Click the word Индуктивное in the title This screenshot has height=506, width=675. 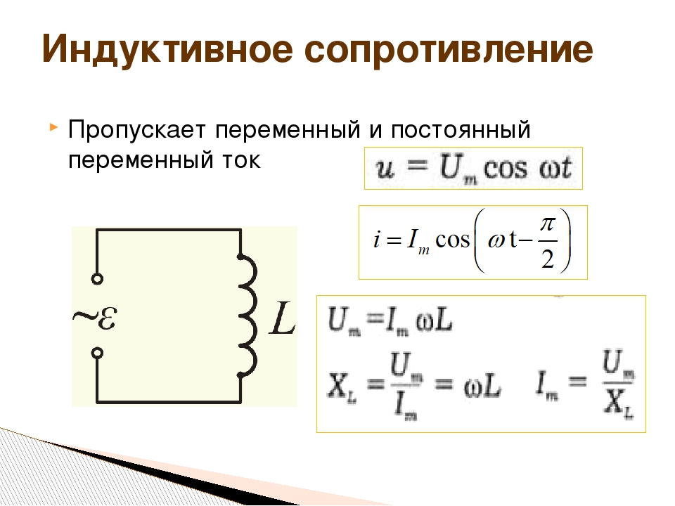[x=167, y=49]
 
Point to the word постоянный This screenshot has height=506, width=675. [x=461, y=130]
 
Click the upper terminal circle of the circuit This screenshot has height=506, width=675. [x=97, y=279]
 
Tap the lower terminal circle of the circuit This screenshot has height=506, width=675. [x=98, y=353]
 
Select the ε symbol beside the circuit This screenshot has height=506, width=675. [x=106, y=318]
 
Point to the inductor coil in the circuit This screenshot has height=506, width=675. [x=248, y=316]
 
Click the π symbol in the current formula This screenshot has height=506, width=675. [x=548, y=224]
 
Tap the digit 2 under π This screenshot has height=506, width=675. [x=548, y=259]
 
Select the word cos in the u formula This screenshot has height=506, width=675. [x=506, y=169]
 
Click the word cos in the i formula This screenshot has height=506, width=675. [x=452, y=240]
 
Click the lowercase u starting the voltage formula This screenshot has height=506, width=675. [x=385, y=169]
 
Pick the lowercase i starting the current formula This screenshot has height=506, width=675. [x=377, y=238]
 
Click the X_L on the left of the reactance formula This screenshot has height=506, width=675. [x=342, y=386]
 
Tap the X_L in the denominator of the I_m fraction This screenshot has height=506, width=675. [x=619, y=405]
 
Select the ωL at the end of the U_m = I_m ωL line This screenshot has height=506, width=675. [x=434, y=320]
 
